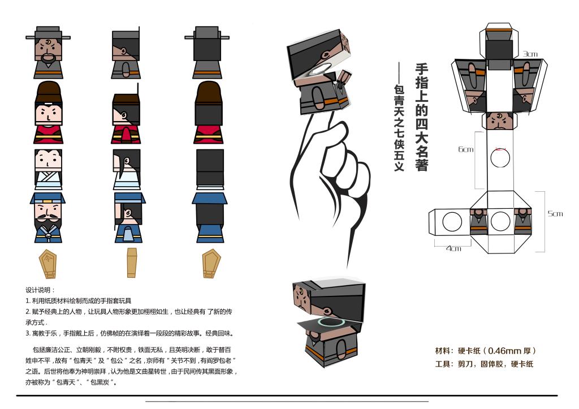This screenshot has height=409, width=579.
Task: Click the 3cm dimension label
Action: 530,54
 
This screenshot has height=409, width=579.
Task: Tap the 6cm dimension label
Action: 466,149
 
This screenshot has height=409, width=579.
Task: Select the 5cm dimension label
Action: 555,214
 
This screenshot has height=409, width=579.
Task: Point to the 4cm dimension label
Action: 453,249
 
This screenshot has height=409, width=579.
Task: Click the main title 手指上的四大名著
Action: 422,117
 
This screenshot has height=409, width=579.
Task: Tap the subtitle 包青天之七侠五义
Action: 399,128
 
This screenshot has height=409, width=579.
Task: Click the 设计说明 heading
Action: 40,290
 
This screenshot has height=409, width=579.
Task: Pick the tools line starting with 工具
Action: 484,364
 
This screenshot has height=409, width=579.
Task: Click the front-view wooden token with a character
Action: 47,264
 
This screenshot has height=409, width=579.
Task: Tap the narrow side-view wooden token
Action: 132,262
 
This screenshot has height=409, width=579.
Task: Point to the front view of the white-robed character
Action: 49,170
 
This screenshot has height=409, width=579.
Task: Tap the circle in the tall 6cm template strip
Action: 500,158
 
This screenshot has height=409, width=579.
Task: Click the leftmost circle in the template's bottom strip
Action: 452,222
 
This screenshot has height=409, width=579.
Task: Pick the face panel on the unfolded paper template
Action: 500,121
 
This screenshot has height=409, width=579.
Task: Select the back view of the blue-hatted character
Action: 209,217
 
